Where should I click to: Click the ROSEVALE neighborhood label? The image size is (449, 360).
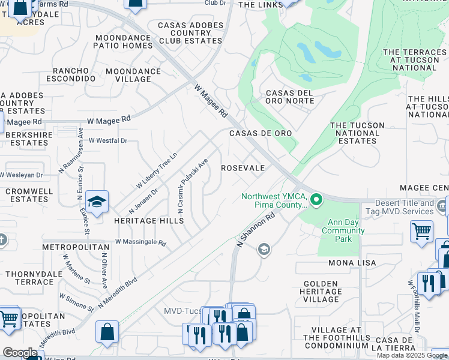point(243,169)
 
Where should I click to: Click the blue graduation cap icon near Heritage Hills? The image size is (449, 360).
point(97,202)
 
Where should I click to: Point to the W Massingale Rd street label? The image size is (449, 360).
point(140,243)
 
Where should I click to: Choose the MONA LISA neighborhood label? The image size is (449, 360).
point(352,263)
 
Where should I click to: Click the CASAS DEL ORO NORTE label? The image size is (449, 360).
point(289,97)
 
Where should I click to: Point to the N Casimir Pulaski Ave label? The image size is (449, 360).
point(192,185)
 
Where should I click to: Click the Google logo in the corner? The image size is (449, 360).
point(20,353)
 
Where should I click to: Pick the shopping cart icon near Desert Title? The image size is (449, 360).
point(421,230)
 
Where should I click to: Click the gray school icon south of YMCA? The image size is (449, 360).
point(263,250)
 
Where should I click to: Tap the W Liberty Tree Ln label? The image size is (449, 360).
point(157,169)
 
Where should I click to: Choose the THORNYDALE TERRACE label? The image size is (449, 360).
point(29,278)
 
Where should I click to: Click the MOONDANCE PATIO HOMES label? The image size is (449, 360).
point(124,41)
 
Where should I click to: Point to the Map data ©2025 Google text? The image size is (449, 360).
point(412,355)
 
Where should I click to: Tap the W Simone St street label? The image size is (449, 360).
point(76,302)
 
